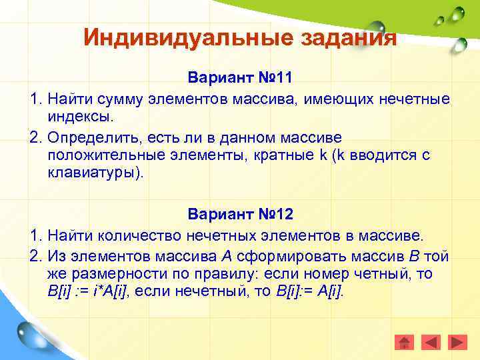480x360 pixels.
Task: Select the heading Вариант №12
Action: tap(240, 215)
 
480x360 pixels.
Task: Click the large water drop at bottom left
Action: tap(33, 333)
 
